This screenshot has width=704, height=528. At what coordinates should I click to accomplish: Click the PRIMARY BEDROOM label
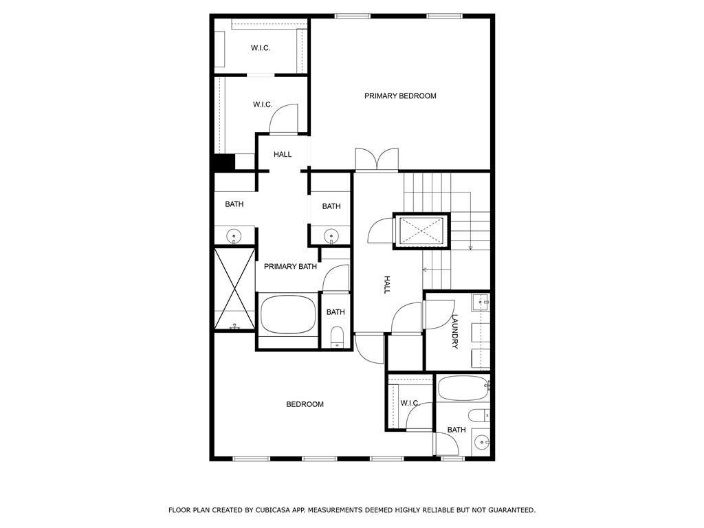click(x=400, y=96)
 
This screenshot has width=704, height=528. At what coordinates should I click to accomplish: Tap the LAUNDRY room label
click(x=455, y=331)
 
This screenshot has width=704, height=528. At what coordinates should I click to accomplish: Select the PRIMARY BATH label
click(x=291, y=267)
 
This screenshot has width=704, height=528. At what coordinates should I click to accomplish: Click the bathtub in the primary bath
click(x=288, y=314)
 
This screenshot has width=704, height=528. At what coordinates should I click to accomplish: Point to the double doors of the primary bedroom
click(x=377, y=159)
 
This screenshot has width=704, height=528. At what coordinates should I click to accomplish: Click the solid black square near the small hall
click(x=224, y=162)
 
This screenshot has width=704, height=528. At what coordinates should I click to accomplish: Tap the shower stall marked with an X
click(x=234, y=289)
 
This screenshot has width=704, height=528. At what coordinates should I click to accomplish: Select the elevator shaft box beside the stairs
click(x=420, y=230)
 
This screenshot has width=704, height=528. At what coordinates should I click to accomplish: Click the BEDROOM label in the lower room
click(x=305, y=404)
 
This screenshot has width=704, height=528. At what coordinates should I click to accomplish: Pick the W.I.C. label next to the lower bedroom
click(x=410, y=403)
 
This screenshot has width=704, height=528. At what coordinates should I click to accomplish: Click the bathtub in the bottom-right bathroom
click(x=462, y=388)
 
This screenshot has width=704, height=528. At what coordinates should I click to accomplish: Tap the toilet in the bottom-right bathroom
click(x=478, y=415)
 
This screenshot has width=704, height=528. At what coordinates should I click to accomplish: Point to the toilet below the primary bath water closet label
click(x=337, y=337)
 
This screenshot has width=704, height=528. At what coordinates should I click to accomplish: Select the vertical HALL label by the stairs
click(x=386, y=285)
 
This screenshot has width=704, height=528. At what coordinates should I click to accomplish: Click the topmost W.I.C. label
click(x=261, y=48)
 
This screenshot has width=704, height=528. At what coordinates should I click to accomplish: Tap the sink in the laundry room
click(x=480, y=301)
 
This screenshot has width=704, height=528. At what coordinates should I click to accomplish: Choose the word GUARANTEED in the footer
click(x=509, y=510)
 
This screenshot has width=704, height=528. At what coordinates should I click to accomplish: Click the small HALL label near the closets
click(x=283, y=155)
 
